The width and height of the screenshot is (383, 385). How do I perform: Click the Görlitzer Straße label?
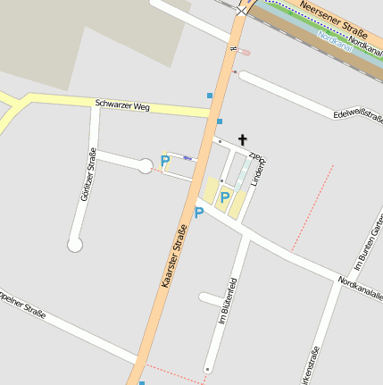[x=88, y=173]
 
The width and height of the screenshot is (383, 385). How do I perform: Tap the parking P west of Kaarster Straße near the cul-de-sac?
[x=164, y=162]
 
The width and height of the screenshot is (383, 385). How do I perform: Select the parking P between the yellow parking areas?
[x=225, y=197]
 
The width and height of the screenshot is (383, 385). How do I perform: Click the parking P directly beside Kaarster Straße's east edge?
[x=199, y=213]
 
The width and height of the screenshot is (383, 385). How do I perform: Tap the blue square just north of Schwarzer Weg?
[x=210, y=95]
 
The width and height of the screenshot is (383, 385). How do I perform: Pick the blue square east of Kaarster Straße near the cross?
[x=220, y=121]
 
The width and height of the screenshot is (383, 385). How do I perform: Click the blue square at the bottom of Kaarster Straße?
[x=142, y=383]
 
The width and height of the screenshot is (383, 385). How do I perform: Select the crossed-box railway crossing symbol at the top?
[x=242, y=10]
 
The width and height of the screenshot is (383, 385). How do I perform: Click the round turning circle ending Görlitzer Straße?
[x=75, y=244]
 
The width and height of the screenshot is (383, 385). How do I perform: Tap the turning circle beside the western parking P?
[x=145, y=165]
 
